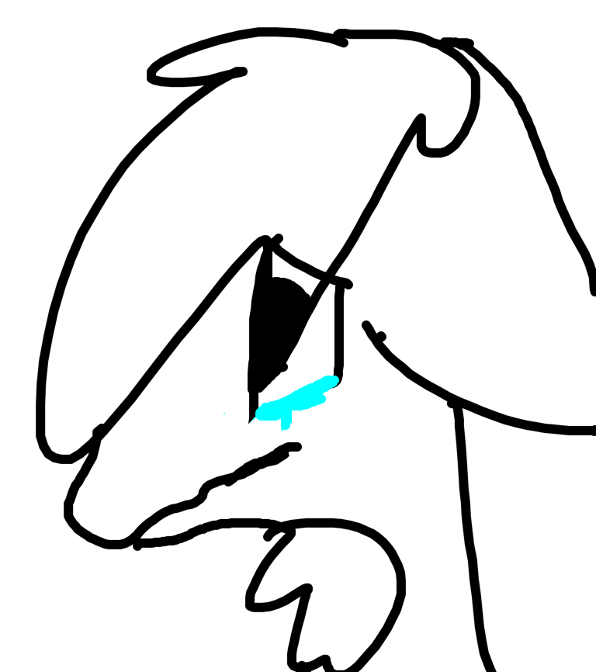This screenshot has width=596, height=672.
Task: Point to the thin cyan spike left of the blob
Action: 250,422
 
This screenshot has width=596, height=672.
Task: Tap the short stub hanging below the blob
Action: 286,422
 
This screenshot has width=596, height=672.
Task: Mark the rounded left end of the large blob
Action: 260,411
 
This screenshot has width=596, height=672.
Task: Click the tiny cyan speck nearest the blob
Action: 224,414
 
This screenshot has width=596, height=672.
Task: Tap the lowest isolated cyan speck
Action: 203,480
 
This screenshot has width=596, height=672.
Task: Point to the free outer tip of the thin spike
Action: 245,427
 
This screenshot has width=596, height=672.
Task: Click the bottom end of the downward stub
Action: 285,429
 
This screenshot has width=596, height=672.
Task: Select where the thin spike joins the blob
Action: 256,417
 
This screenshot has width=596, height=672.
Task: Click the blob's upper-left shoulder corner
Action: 265,403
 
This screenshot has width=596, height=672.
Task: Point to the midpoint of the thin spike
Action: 251,421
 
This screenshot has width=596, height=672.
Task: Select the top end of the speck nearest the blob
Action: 225,411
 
